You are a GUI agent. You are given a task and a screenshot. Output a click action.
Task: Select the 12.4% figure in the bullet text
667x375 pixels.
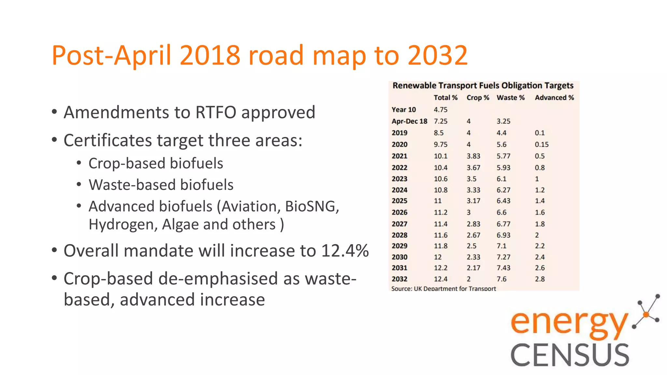pos(345,251)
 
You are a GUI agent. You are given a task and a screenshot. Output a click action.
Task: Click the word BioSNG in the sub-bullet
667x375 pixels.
pos(312,206)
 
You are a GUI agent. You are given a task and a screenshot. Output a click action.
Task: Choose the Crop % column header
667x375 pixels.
pos(478,98)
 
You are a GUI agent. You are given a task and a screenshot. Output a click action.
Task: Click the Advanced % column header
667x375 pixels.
pos(554,98)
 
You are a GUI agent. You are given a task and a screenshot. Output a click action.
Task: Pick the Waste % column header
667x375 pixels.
pos(510,98)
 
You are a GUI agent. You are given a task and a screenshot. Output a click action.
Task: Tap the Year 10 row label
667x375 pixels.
pos(404,110)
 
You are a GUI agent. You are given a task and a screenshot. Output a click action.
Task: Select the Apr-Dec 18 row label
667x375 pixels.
pos(409,121)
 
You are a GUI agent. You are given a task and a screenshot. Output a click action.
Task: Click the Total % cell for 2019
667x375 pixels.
pos(438,133)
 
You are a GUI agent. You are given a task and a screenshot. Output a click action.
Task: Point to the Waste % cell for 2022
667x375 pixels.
pos(503,168)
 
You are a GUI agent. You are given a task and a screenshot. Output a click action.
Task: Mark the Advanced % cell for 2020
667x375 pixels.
pos(542,145)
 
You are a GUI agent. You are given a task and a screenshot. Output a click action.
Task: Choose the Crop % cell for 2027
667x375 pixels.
pos(473,224)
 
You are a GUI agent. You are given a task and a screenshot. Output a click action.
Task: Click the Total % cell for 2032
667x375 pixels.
pos(440,279)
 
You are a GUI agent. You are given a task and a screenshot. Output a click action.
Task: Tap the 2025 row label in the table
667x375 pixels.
pos(399,201)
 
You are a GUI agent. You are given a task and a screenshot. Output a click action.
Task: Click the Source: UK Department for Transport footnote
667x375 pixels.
pos(443,288)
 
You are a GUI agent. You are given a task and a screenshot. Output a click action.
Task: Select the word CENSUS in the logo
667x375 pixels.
pos(570,355)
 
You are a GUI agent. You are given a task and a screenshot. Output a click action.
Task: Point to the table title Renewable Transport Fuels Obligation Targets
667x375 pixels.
pos(483,86)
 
